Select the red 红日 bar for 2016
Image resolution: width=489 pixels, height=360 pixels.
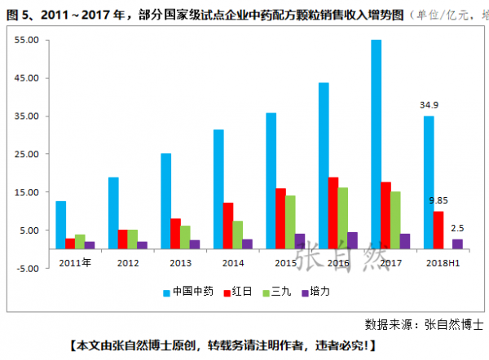(333, 213)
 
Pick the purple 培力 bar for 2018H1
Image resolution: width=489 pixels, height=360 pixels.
(458, 244)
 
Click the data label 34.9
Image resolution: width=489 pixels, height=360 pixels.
(430, 105)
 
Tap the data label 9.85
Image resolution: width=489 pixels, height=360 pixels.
(440, 200)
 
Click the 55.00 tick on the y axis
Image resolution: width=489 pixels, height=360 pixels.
(26, 40)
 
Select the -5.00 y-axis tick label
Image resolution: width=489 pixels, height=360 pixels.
(26, 268)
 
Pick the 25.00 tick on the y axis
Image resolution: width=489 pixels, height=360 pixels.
(26, 154)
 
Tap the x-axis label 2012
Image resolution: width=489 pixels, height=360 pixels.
(128, 262)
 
